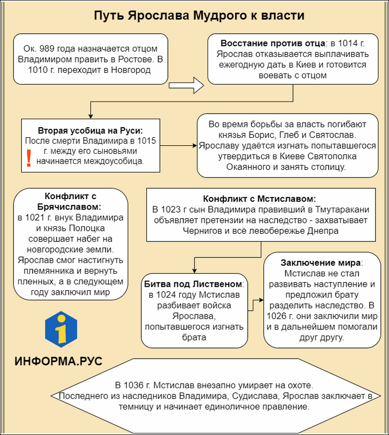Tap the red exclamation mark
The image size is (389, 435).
[29, 157]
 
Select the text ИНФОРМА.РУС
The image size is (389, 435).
[58, 362]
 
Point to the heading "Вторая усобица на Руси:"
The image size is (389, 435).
[90, 129]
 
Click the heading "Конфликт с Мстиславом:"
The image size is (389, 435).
[260, 199]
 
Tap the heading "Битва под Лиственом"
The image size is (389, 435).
[193, 283]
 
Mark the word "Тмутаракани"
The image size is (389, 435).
[344, 209]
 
